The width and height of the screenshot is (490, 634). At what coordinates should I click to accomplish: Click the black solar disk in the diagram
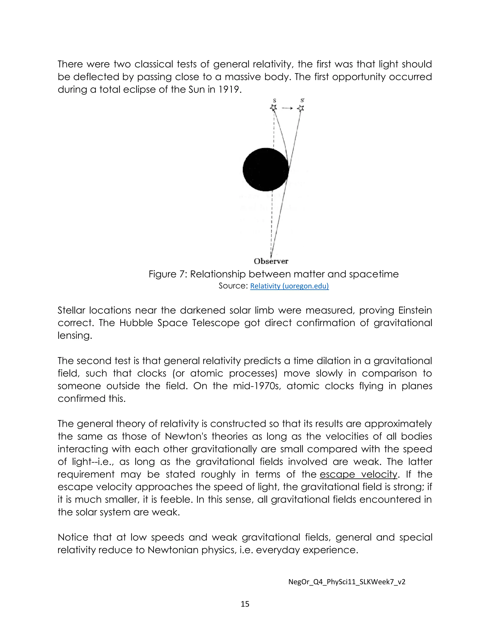(266, 170)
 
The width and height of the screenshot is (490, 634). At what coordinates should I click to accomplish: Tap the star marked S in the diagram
(273, 108)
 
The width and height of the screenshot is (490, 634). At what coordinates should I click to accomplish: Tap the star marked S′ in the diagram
(301, 109)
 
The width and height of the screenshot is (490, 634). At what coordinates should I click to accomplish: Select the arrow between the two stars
(287, 108)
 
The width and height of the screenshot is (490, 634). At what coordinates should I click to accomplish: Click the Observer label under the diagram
(271, 261)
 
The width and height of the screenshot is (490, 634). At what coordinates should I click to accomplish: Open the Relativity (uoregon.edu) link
(290, 286)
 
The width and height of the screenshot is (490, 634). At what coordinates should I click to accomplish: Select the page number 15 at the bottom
(245, 604)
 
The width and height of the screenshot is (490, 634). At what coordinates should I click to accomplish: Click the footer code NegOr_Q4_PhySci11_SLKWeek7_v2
(347, 582)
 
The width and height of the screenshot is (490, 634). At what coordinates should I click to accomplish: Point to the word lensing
(75, 336)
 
